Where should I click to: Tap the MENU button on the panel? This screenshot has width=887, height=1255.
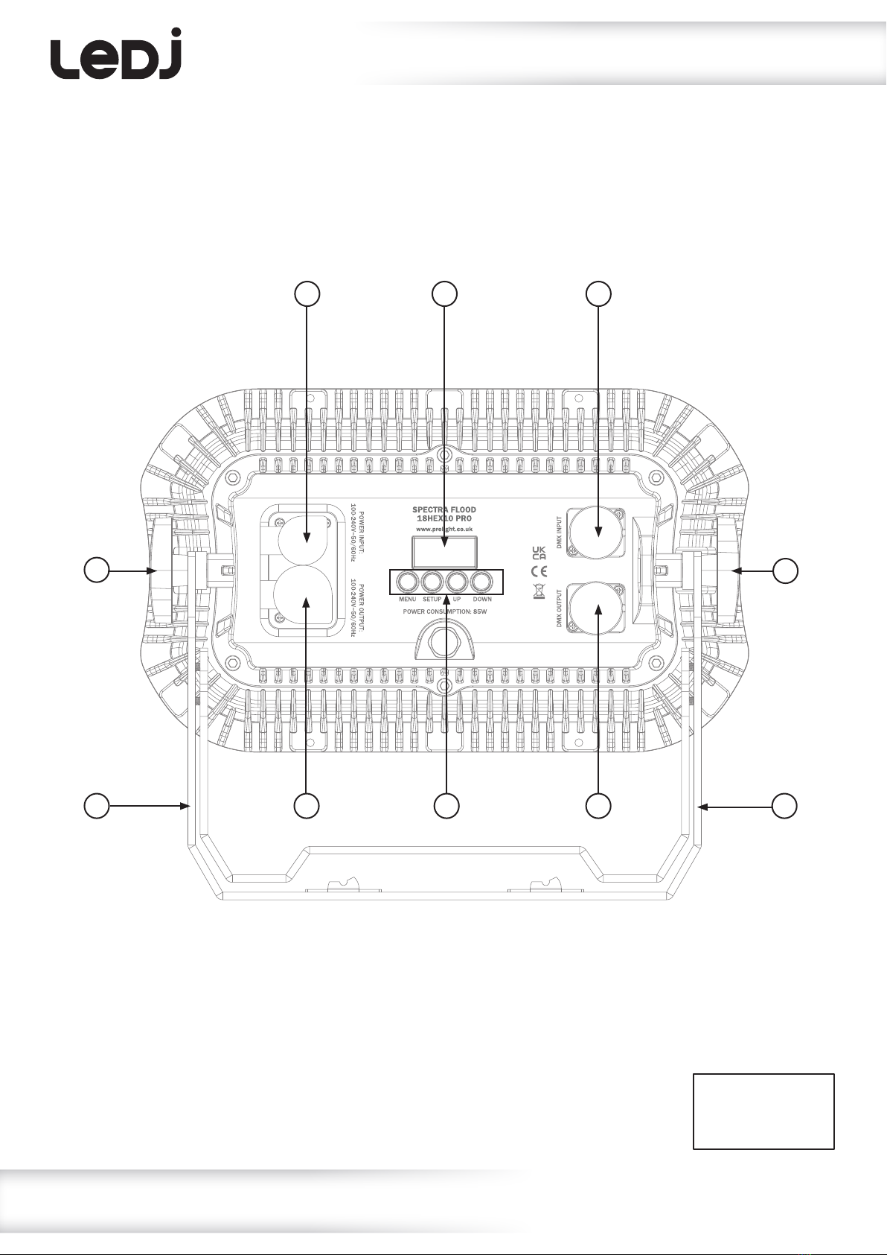(x=407, y=582)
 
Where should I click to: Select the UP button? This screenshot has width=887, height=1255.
(x=456, y=582)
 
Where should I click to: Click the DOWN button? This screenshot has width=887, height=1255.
(x=481, y=582)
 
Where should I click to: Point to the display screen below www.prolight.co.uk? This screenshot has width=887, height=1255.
(x=445, y=550)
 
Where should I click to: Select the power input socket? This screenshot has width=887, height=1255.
(x=307, y=536)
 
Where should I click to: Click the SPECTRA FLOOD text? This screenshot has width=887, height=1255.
(x=444, y=510)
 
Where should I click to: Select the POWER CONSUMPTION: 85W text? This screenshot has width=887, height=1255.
(x=445, y=611)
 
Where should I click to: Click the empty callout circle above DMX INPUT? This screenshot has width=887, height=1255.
(x=598, y=294)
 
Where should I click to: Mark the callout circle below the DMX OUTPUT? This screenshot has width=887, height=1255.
(x=598, y=805)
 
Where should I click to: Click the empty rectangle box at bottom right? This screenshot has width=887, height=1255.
(x=763, y=1111)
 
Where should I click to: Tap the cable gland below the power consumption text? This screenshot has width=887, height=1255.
(x=444, y=641)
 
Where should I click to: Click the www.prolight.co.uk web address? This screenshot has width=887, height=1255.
(x=444, y=528)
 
